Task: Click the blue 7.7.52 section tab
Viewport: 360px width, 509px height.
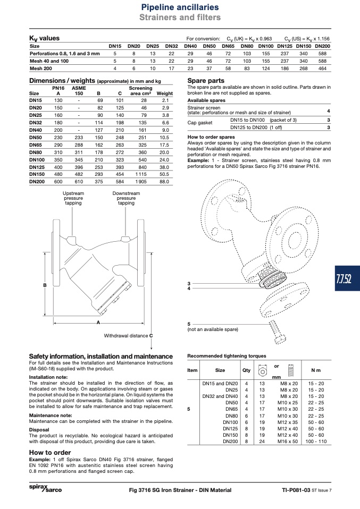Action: point(347,278)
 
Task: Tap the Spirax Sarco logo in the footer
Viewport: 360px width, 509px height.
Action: point(45,489)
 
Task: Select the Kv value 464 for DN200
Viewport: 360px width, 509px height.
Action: point(322,69)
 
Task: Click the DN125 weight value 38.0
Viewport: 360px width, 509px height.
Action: point(164,167)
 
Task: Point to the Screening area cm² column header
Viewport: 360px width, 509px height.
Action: point(141,90)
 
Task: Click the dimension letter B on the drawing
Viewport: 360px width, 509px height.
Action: point(45,285)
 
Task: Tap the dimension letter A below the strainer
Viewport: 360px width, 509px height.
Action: point(98,323)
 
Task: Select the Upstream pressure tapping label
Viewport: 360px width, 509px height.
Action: point(73,198)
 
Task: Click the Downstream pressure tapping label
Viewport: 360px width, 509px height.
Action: point(126,198)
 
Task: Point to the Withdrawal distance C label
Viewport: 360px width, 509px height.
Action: point(128,336)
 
